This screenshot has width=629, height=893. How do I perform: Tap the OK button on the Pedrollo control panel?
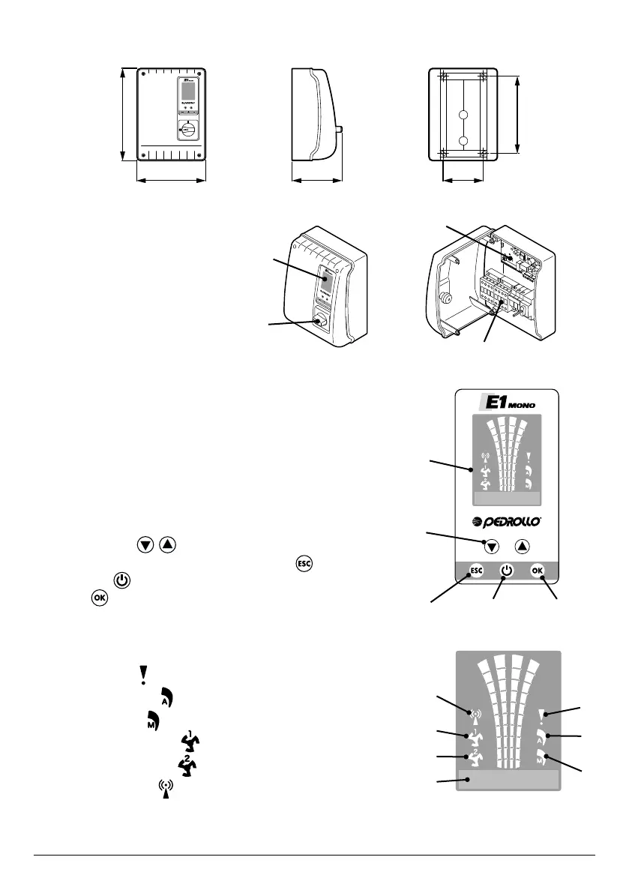point(537,571)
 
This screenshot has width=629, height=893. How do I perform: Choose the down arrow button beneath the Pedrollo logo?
point(490,547)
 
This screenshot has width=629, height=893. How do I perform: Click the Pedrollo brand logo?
point(506,522)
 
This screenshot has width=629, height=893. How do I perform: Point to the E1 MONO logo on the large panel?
point(507,403)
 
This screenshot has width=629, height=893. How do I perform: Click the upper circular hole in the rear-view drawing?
point(463,116)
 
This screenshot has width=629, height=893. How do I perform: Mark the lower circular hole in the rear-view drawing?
point(463,141)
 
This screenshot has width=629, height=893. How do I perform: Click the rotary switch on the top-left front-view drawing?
point(188,130)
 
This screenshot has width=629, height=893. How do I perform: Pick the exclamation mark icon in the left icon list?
point(142,675)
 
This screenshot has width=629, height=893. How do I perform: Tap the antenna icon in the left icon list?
point(166,790)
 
